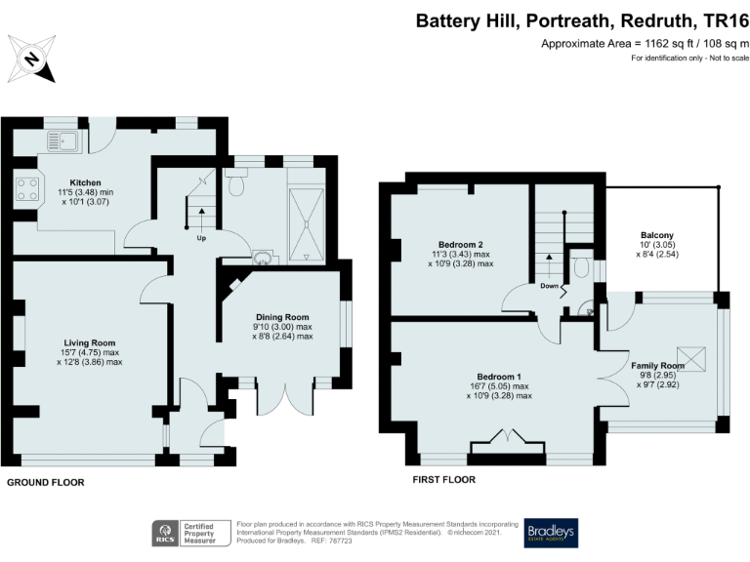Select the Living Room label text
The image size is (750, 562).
tap(90, 342)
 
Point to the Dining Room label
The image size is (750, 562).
tap(282, 317)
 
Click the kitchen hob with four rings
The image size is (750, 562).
tap(26, 186)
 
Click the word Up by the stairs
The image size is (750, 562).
tap(201, 237)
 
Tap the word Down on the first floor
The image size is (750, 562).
tap(549, 286)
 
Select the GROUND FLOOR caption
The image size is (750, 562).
tap(46, 482)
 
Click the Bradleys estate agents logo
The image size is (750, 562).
tap(550, 532)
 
